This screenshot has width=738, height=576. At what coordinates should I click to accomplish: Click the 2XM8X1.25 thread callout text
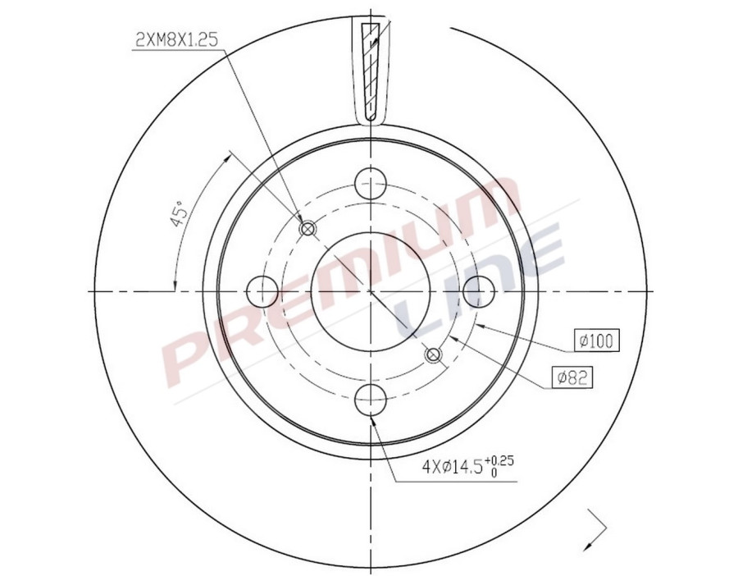[176, 39]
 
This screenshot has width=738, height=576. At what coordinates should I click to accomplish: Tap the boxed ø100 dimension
[596, 341]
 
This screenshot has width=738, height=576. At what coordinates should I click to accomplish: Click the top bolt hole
[371, 182]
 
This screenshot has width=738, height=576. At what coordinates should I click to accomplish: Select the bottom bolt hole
[371, 400]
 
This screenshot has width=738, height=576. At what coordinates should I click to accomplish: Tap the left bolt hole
[262, 290]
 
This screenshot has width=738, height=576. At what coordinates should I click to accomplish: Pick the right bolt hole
[480, 290]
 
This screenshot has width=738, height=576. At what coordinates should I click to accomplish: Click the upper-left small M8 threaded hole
[308, 228]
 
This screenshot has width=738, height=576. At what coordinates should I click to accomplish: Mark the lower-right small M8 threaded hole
[434, 354]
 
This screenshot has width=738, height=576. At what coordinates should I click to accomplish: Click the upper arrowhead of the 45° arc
[230, 155]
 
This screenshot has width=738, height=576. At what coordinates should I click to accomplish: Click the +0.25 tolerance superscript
[502, 460]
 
